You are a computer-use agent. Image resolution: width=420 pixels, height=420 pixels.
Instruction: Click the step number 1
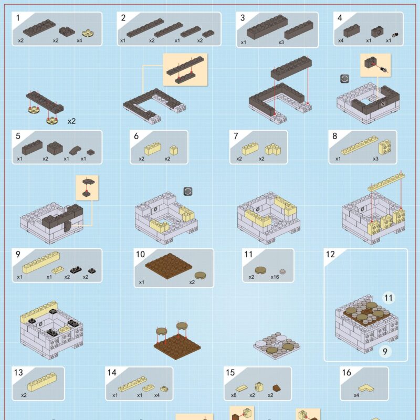coord(18,18)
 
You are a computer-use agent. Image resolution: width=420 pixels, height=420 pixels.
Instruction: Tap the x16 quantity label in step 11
coord(275,277)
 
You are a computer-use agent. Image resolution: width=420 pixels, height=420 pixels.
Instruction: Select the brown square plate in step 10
coord(169,266)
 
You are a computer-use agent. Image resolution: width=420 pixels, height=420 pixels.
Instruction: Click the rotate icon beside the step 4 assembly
coord(344,79)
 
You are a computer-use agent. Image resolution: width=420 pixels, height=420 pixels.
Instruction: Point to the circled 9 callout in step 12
coord(385,351)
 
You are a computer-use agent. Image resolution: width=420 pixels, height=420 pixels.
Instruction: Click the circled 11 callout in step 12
coord(388,298)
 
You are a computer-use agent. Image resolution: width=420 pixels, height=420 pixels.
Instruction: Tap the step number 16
coord(346,372)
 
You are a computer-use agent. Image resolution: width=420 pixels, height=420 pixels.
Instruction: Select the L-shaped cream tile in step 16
coord(366,388)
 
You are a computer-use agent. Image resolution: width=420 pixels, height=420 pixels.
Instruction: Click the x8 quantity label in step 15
coord(234,395)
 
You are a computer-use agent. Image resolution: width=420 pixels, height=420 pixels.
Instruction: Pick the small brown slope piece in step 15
coord(277,388)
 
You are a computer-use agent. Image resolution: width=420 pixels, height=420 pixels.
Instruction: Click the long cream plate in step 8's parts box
coord(359,145)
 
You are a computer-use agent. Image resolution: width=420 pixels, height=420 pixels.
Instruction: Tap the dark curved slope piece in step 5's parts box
coord(75,150)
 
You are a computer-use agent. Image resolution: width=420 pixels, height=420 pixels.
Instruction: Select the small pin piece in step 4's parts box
coord(395,35)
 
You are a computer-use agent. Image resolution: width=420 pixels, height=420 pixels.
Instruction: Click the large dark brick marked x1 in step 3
coord(267,27)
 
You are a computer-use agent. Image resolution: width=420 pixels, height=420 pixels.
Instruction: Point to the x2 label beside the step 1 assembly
coord(71,121)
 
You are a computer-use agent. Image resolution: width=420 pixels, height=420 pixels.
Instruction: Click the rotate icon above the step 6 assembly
coord(188,191)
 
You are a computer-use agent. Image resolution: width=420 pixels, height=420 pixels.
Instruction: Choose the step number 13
coord(18,372)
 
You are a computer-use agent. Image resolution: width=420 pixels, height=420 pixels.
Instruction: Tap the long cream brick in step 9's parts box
coord(41,262)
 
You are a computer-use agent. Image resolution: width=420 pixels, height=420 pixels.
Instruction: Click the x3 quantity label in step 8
coord(375,159)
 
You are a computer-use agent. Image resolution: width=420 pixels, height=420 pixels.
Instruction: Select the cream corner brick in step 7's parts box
coord(272,149)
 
